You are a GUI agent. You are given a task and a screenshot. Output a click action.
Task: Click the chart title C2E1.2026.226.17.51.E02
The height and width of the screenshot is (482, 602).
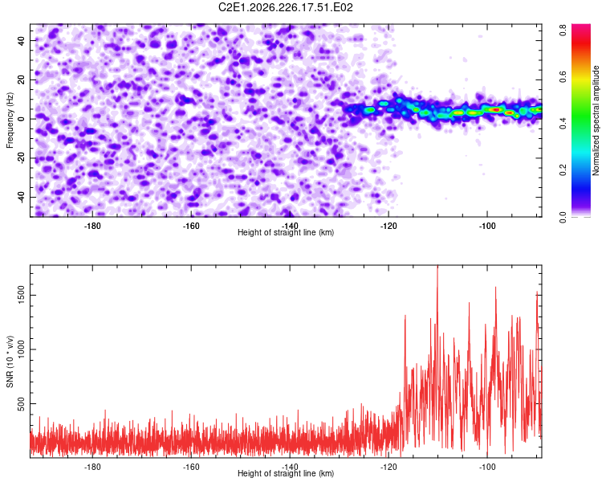point(285,7)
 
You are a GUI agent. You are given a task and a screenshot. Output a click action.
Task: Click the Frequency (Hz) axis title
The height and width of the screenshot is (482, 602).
point(10,120)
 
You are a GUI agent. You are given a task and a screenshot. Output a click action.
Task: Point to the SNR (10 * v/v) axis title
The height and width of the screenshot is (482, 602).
point(10,361)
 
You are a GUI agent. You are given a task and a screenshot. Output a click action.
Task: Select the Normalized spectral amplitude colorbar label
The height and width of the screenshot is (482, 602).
point(596,120)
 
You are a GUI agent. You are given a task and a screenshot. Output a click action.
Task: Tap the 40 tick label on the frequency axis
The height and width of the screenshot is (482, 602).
point(22,41)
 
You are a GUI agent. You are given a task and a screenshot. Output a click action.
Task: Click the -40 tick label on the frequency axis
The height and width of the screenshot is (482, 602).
point(22,197)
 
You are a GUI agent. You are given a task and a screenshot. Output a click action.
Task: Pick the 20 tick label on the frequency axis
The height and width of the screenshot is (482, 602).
point(22,80)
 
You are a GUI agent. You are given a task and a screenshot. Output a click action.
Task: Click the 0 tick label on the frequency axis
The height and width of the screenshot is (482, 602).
point(22,119)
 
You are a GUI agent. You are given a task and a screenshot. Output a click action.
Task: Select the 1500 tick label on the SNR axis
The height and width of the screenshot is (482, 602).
point(22,295)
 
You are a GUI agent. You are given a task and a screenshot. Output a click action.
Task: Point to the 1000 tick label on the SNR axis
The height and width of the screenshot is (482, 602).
point(22,349)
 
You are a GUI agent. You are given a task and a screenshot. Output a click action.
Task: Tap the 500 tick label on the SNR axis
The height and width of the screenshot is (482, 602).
point(22,403)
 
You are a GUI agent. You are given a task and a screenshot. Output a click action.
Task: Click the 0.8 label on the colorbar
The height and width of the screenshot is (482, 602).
point(563,30)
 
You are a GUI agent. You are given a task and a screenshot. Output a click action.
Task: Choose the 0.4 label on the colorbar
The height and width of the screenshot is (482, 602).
point(563,124)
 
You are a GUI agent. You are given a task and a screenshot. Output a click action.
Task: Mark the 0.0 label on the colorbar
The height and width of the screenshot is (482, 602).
point(563,217)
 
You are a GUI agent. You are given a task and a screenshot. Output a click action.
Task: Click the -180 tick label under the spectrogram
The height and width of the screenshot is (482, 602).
point(92,226)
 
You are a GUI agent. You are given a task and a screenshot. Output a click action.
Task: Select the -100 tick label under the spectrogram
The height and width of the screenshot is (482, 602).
point(487,226)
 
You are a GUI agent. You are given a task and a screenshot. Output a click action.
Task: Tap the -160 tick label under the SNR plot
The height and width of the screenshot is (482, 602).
point(191,467)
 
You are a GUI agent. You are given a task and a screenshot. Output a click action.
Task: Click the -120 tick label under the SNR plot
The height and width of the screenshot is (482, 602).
point(388,467)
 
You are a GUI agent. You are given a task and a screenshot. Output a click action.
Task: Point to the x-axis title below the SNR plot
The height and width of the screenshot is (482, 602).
point(286,473)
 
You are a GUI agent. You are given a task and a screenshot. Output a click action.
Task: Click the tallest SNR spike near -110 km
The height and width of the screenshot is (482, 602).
point(437,266)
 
